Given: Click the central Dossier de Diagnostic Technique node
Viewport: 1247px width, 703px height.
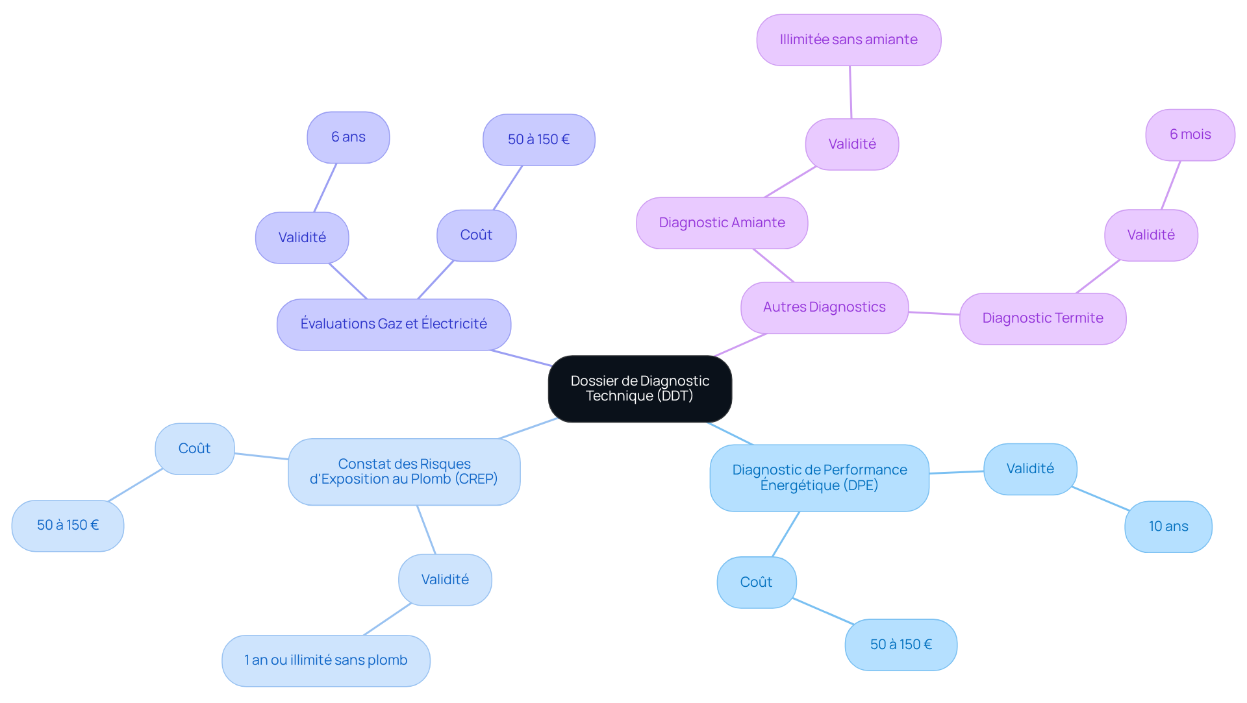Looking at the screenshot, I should (x=640, y=389).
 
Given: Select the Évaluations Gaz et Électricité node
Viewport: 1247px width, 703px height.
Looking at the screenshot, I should (x=394, y=324).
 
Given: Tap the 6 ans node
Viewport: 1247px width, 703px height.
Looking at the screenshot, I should (x=348, y=137).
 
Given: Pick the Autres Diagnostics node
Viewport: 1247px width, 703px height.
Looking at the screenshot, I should (x=824, y=307).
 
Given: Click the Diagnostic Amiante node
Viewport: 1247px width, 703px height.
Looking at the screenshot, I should (x=722, y=223).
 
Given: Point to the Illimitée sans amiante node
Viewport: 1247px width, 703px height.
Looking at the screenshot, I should (x=848, y=40).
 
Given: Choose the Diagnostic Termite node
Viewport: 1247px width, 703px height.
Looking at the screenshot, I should (x=1042, y=318).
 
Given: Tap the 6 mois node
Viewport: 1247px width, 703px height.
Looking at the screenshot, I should (x=1190, y=134).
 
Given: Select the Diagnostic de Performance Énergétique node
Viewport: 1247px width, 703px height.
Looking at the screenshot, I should (x=819, y=478).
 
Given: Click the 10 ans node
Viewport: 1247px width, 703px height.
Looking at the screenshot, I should (x=1168, y=526).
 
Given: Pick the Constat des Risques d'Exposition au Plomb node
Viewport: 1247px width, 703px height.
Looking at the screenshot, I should (x=403, y=471).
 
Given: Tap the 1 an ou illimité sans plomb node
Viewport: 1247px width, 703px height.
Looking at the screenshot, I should (x=325, y=660).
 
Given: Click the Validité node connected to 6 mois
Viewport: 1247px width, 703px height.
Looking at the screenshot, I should (x=1150, y=235).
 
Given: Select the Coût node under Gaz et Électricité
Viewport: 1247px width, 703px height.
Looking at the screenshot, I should (x=476, y=235).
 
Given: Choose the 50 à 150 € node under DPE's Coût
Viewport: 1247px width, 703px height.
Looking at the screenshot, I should (x=901, y=645).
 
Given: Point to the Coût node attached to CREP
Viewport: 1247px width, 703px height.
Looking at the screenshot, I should (x=194, y=449).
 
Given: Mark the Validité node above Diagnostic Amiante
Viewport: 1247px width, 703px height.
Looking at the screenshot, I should (x=851, y=144).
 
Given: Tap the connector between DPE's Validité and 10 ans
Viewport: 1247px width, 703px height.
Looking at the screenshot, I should (x=1101, y=499).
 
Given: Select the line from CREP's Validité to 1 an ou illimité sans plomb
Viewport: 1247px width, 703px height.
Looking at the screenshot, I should (x=388, y=619).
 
